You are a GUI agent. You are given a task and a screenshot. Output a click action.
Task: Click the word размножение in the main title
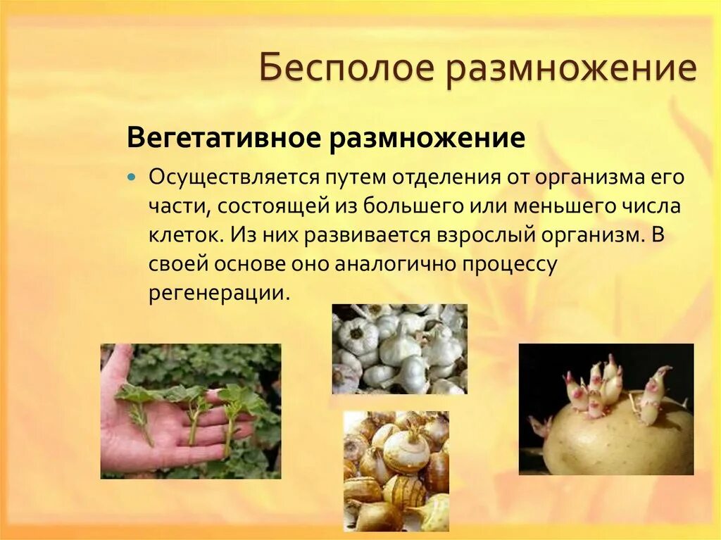click(570, 70)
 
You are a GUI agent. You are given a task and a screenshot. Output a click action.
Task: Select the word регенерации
click(218, 292)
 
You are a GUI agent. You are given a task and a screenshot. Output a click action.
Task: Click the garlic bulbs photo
click(399, 349)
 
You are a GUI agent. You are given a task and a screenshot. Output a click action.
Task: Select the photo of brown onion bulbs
click(396, 471)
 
